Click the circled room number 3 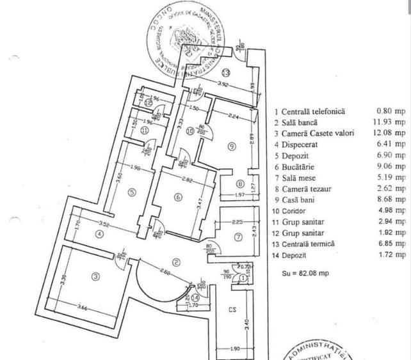coord(95,276)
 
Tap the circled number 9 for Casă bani coord(231,146)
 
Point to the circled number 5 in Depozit coord(131,191)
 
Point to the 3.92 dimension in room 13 coord(222,84)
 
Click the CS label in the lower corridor coord(232,310)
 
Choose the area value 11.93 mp coord(391,122)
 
